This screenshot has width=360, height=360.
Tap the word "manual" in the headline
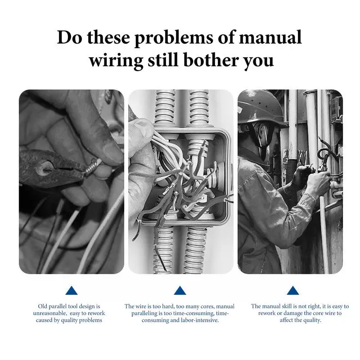[270, 37]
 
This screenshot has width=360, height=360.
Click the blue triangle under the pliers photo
[72, 291]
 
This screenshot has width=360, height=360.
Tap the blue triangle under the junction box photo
[180, 291]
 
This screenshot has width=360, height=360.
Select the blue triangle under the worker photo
[293, 291]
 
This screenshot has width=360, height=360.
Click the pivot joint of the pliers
[44, 166]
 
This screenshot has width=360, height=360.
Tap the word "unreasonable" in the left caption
[50, 313]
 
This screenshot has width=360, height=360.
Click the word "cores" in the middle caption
[207, 306]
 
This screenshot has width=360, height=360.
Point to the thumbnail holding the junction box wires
[142, 126]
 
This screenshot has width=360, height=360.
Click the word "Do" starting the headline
[69, 37]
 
